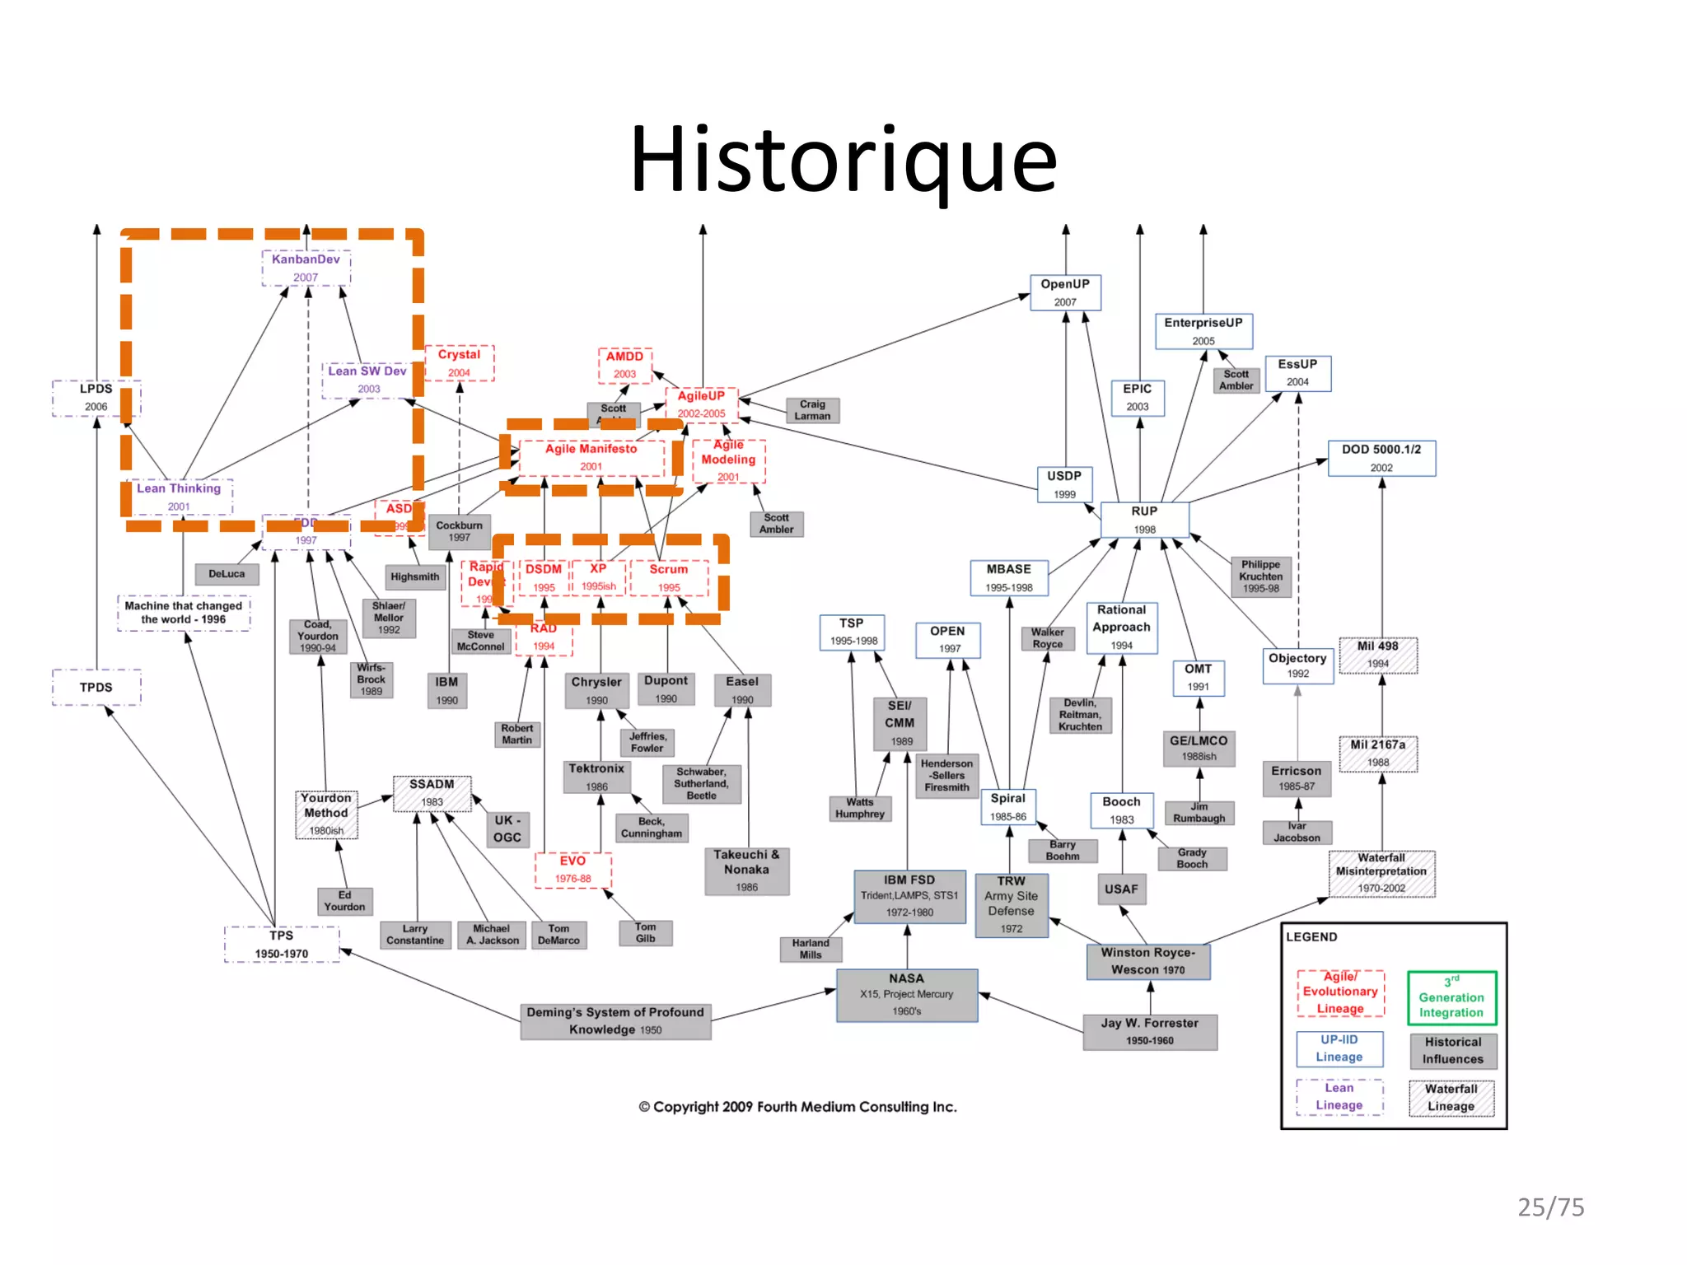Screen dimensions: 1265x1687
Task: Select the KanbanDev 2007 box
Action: pyautogui.click(x=306, y=268)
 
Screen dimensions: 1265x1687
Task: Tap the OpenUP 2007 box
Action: pyautogui.click(x=1064, y=292)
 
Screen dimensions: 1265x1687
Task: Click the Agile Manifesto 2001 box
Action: pyautogui.click(x=591, y=457)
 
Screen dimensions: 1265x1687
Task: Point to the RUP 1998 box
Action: pyautogui.click(x=1144, y=520)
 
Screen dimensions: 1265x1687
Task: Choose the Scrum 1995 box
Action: pyautogui.click(x=668, y=577)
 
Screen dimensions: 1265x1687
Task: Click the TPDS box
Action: pyautogui.click(x=96, y=687)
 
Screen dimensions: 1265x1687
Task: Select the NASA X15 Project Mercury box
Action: pyautogui.click(x=906, y=994)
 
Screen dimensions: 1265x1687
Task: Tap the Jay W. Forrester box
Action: pyautogui.click(x=1149, y=1031)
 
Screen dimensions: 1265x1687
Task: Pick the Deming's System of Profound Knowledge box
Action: pyautogui.click(x=615, y=1020)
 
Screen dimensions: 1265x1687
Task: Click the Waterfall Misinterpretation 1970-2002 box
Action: pyautogui.click(x=1381, y=873)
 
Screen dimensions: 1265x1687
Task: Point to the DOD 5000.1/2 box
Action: pyautogui.click(x=1381, y=458)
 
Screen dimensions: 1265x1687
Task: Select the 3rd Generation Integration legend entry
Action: pyautogui.click(x=1451, y=997)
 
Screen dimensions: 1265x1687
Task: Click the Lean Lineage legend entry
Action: pyautogui.click(x=1339, y=1096)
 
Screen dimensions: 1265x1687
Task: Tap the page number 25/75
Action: pyautogui.click(x=1550, y=1207)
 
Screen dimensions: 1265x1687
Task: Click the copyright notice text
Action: pyautogui.click(x=797, y=1107)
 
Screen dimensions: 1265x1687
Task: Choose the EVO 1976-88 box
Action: pyautogui.click(x=572, y=869)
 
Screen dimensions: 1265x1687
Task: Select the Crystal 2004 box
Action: pyautogui.click(x=459, y=362)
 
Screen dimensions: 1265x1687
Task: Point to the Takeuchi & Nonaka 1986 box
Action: pyautogui.click(x=746, y=870)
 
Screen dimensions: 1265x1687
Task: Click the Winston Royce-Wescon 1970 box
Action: pyautogui.click(x=1147, y=961)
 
